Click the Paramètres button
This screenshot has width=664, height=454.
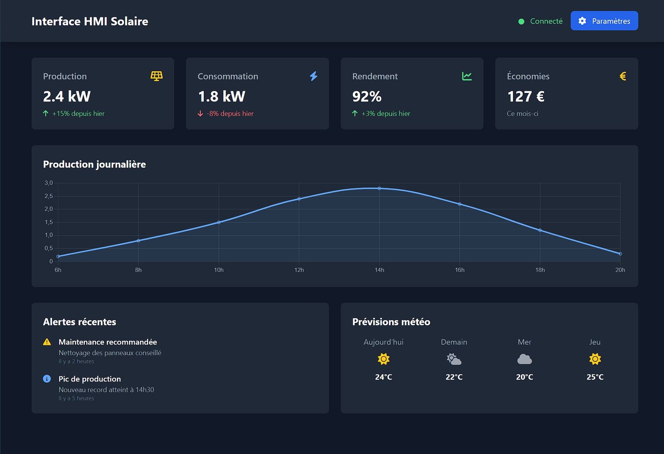coord(604,21)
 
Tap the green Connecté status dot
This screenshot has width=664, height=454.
coord(521,22)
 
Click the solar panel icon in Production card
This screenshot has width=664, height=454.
coord(156,76)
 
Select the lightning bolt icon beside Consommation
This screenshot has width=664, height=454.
coord(314,76)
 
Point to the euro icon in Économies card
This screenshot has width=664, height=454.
coord(622,76)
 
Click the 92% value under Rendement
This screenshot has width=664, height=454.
coord(366,97)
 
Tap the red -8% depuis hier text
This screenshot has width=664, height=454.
coord(230,114)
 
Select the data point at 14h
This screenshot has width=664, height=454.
coord(379,188)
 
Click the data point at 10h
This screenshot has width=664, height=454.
coord(219,222)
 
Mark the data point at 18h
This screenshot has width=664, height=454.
coord(540,230)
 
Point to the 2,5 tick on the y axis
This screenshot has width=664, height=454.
coord(49,196)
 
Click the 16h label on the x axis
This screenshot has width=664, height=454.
coord(459,270)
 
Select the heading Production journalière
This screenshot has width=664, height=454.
coord(94,164)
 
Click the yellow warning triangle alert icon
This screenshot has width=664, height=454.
coord(47,342)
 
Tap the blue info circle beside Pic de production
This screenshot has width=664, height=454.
coord(47,379)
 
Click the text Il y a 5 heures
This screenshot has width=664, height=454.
coord(76,398)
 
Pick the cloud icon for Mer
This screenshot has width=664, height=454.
coord(525,359)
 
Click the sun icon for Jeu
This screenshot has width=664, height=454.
coord(595,359)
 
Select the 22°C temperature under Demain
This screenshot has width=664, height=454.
coord(454,377)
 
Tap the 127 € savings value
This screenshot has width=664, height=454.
coord(525,97)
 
